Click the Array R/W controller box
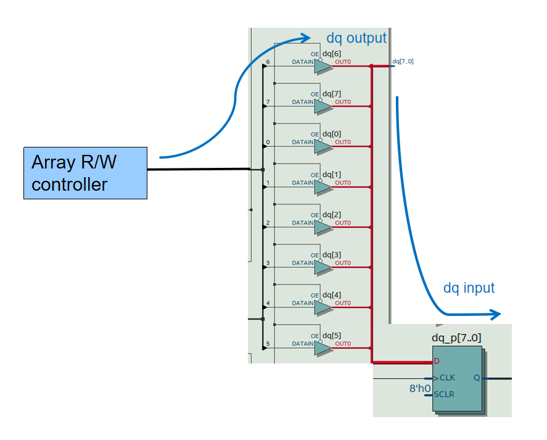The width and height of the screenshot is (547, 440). click(85, 173)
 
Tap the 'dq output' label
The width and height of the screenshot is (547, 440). click(356, 38)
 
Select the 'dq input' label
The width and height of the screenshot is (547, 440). click(469, 288)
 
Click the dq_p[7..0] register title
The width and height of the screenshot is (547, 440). click(456, 338)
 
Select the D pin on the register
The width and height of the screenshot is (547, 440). click(437, 360)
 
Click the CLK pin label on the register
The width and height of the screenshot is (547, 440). click(447, 378)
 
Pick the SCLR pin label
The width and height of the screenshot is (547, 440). click(445, 394)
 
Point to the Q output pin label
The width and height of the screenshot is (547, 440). click(477, 378)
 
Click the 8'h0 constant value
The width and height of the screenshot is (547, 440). click(419, 389)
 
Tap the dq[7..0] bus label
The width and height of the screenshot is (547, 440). click(403, 61)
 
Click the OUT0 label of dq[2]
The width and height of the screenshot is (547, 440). click(343, 223)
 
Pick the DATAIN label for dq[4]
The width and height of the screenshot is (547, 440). click(302, 304)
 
